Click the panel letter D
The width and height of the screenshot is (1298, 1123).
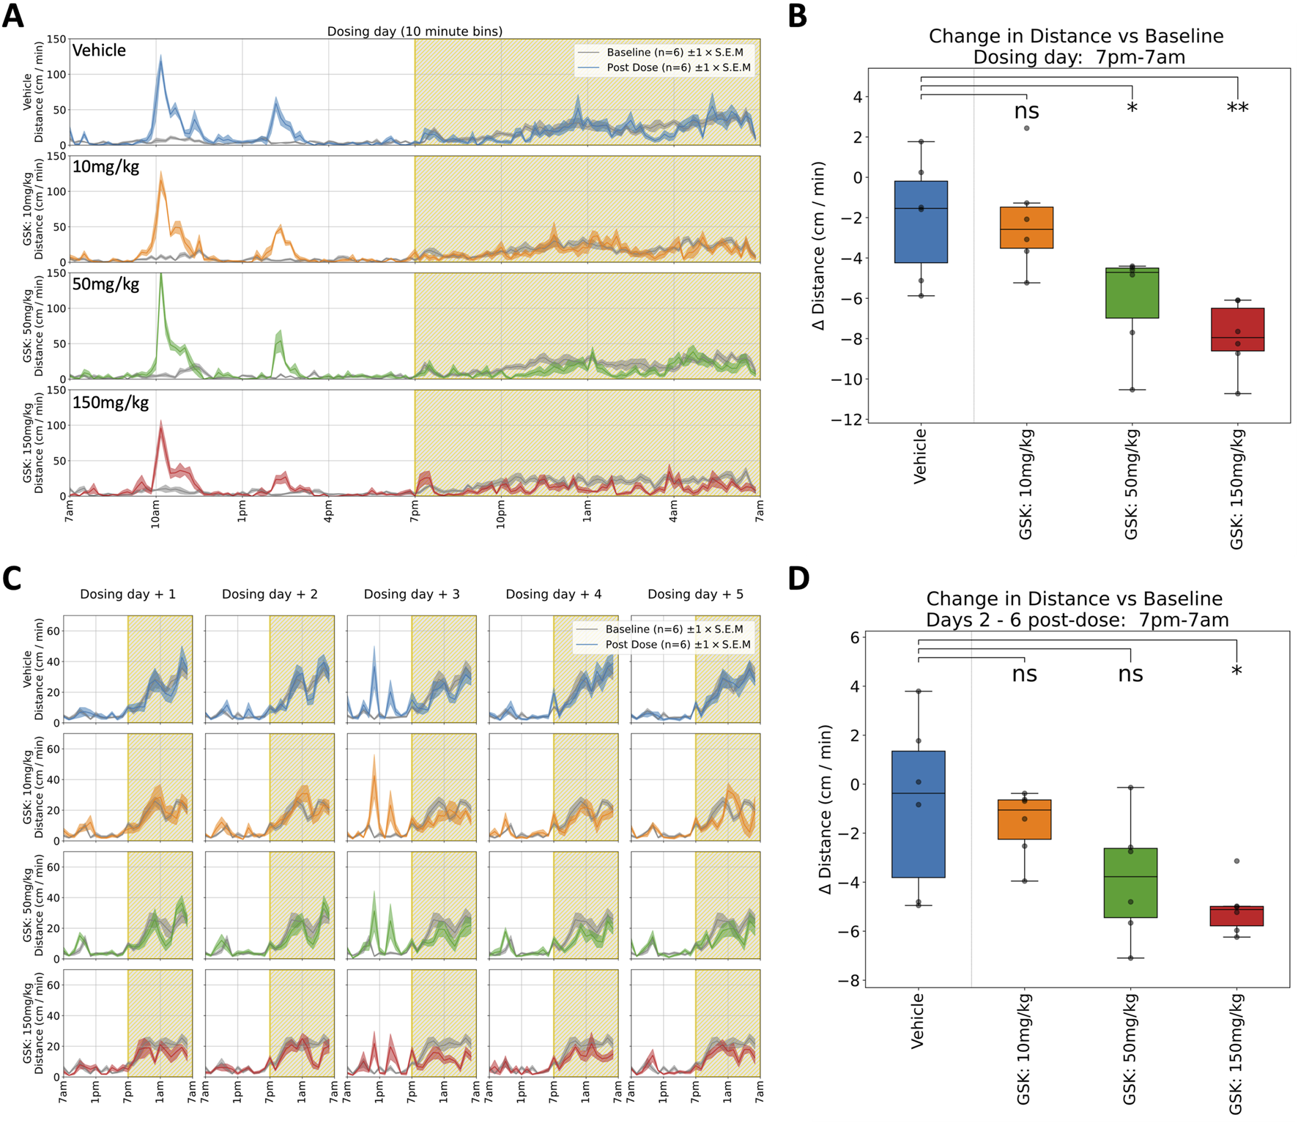click(798, 578)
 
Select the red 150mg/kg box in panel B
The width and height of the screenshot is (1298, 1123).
click(1237, 330)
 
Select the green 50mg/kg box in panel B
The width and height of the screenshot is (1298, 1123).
click(1132, 293)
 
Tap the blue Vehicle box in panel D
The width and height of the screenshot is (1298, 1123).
click(918, 813)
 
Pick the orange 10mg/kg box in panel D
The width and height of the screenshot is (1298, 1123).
click(1024, 819)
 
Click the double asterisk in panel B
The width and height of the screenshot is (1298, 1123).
click(1237, 109)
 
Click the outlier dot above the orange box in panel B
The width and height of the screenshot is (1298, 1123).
click(1026, 128)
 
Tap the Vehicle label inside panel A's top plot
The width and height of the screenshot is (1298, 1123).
click(99, 51)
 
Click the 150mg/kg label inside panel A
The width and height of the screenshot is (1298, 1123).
click(110, 402)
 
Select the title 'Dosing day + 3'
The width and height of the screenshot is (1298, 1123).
click(412, 594)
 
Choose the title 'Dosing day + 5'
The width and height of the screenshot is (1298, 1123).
click(695, 594)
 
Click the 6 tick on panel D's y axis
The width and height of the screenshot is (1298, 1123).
click(854, 637)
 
